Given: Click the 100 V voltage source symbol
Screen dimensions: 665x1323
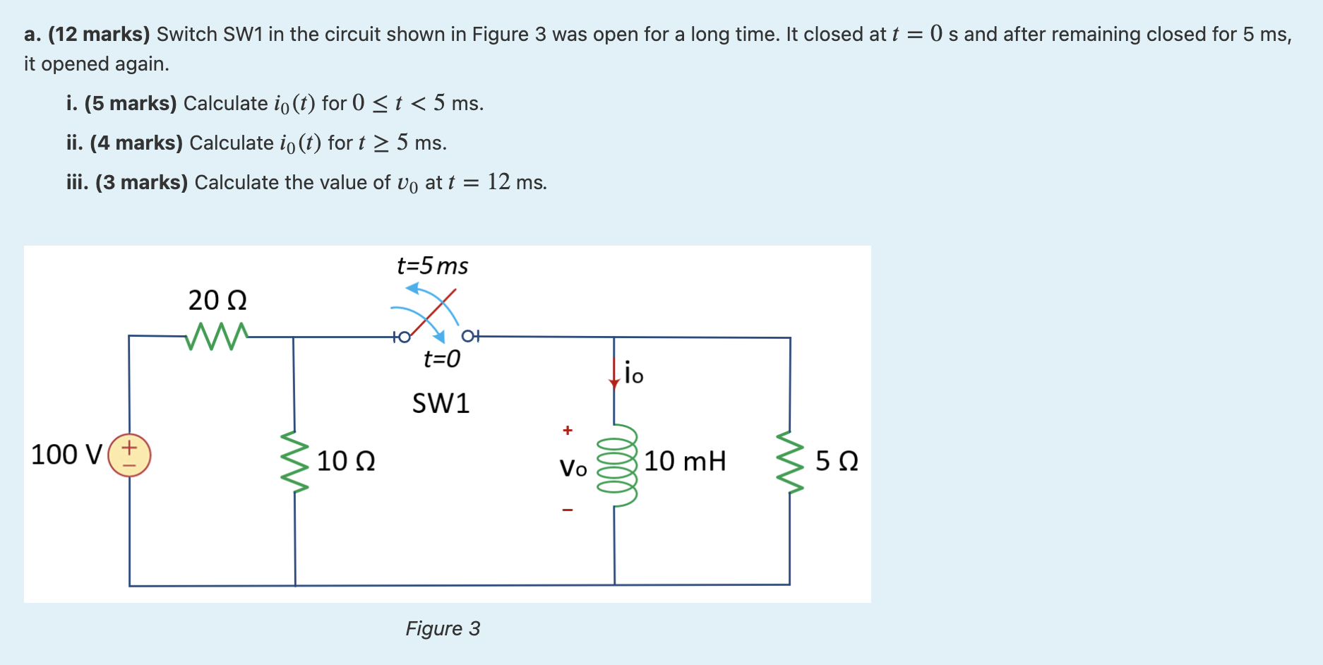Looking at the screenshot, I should click(129, 455).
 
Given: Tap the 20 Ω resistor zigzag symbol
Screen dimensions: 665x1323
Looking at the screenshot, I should click(217, 336).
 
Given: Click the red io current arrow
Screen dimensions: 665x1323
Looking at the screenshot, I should click(614, 373).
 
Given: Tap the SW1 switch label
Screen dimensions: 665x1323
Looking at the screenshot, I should click(441, 403).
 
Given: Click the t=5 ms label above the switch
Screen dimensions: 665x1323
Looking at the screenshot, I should click(432, 266).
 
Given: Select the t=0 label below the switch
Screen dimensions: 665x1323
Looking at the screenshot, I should click(441, 359).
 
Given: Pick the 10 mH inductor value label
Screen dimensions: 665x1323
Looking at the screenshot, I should click(684, 461).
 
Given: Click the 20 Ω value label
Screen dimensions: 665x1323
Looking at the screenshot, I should click(217, 301).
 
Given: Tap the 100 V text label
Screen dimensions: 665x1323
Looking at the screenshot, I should click(66, 455).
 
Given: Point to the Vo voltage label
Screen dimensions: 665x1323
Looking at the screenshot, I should click(573, 467).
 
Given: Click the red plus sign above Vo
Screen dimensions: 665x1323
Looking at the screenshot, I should click(568, 430).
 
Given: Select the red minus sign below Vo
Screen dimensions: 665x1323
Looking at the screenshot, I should click(568, 510).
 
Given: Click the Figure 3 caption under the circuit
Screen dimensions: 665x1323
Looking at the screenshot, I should click(443, 628).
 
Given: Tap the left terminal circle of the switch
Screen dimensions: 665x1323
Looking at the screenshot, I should click(403, 337).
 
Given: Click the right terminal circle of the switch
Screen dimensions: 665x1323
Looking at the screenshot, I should click(468, 336).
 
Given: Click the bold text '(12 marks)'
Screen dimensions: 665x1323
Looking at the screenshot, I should click(99, 34).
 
